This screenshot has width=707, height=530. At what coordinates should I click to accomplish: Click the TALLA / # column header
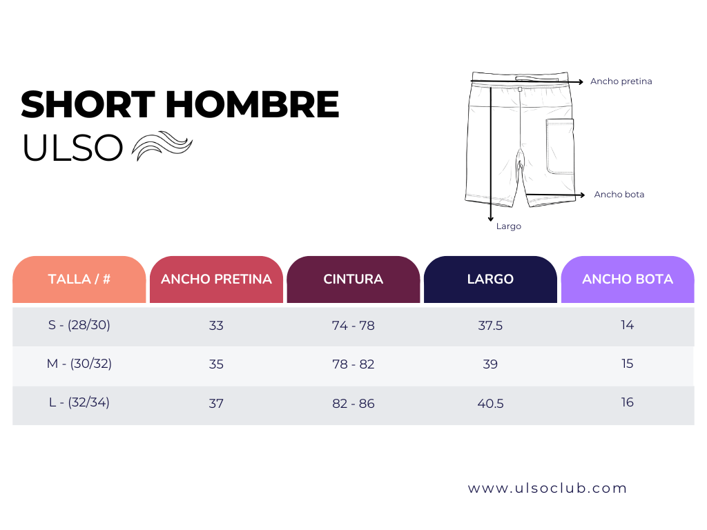pyautogui.click(x=79, y=279)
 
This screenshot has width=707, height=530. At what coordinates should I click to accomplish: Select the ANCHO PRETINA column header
pyautogui.click(x=216, y=279)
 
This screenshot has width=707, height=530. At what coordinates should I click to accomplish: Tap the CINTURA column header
pyautogui.click(x=353, y=279)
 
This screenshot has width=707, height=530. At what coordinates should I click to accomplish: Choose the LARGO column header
pyautogui.click(x=490, y=279)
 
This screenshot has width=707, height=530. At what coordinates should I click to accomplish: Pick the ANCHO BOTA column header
pyautogui.click(x=627, y=279)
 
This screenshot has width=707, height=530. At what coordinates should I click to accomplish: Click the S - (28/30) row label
pyautogui.click(x=79, y=325)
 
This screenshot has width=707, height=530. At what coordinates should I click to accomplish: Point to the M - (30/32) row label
pyautogui.click(x=79, y=364)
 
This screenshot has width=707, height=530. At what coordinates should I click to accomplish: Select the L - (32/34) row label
pyautogui.click(x=79, y=402)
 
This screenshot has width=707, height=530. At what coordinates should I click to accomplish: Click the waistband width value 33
pyautogui.click(x=216, y=326)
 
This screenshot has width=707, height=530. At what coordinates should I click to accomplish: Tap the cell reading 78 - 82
pyautogui.click(x=353, y=364)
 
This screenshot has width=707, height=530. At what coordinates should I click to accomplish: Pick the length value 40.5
pyautogui.click(x=490, y=404)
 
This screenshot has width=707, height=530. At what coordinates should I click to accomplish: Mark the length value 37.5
pyautogui.click(x=490, y=326)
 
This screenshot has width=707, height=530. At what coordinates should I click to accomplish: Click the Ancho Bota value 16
pyautogui.click(x=627, y=402)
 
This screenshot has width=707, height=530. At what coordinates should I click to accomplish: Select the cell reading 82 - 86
pyautogui.click(x=353, y=404)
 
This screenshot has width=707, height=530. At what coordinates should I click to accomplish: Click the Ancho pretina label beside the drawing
pyautogui.click(x=621, y=81)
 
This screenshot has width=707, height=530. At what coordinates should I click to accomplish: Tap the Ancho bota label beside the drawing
pyautogui.click(x=619, y=195)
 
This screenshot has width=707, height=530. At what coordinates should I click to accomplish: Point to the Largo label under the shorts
pyautogui.click(x=508, y=226)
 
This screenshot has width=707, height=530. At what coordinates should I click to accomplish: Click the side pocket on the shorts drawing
pyautogui.click(x=560, y=146)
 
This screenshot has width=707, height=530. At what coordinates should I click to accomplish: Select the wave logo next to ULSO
pyautogui.click(x=162, y=146)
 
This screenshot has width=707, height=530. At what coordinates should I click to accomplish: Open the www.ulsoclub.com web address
pyautogui.click(x=548, y=489)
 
